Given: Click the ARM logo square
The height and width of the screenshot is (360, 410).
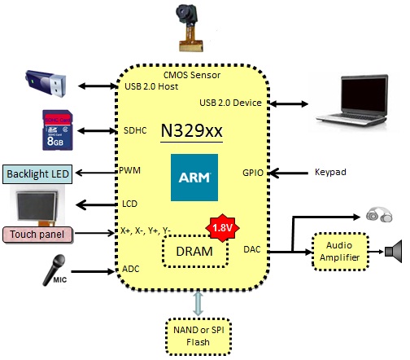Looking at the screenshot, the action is pos(194,178).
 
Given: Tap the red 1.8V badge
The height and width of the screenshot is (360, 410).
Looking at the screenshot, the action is pos(222,228).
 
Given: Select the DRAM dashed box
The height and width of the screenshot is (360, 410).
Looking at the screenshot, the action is pos(195,251).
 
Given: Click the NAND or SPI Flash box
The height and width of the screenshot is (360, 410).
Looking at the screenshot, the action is pos(198,336).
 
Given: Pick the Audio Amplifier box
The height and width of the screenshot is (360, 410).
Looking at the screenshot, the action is pos(340,252).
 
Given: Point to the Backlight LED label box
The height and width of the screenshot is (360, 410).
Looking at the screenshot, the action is pos(37,174).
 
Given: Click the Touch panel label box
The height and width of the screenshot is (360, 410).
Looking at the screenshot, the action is pos(37,235).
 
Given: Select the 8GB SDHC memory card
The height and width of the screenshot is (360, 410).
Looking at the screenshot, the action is pos(58,130).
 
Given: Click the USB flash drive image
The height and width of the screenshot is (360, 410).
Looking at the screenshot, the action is pos(46,83).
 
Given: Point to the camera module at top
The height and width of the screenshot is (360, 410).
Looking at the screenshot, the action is pos(189,28).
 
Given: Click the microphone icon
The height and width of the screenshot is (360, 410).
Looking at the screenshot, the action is pos(55,270).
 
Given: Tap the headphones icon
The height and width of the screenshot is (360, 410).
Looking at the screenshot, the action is pos(379,215).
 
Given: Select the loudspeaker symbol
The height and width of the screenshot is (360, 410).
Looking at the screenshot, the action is pos(394,252).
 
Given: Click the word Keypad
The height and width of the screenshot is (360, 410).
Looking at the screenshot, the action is pos(330,172).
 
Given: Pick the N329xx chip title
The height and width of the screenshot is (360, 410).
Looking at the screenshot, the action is pos(192,131).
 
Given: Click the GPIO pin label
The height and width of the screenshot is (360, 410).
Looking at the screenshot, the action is pos(253,173).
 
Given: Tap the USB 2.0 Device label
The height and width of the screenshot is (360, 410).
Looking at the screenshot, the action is pos(230,103).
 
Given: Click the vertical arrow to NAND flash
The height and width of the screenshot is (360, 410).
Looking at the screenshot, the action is pos(198,303).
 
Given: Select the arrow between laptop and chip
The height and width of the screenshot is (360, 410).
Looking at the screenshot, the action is pos(289,103).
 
